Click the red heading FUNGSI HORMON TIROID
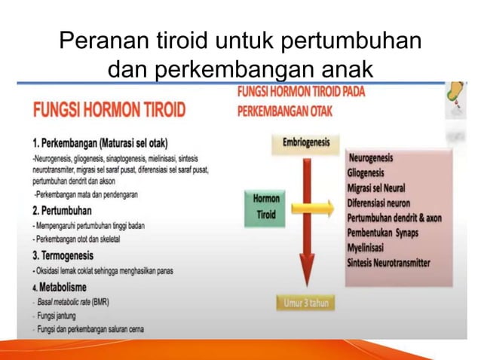[x=109, y=110]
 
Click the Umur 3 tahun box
[x=304, y=304]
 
